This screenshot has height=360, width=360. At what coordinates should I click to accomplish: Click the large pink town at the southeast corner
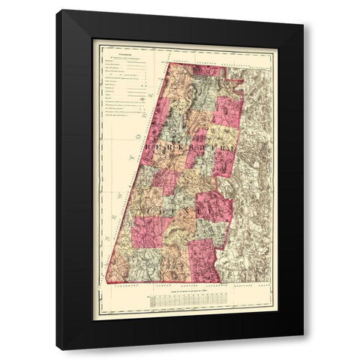coord(202,259)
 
